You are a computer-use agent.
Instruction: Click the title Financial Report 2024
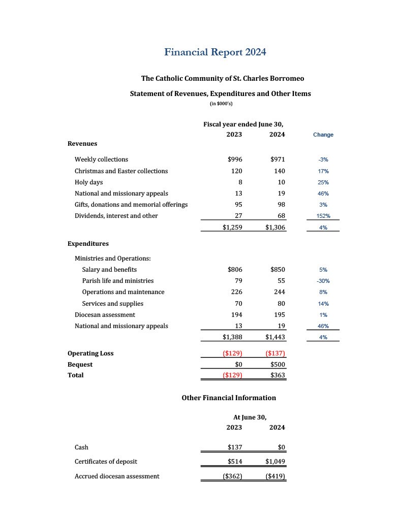(x=215, y=52)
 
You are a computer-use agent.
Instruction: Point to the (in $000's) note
(x=221, y=104)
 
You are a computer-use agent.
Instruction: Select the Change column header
(x=323, y=135)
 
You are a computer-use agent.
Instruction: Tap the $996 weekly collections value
(x=235, y=159)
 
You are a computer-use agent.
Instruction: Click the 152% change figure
(x=323, y=216)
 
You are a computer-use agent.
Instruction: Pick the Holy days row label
(x=89, y=182)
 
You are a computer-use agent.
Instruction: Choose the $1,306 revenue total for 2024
(x=275, y=227)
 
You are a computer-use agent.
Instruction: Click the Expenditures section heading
(x=88, y=244)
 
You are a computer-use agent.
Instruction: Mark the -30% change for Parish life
(x=323, y=281)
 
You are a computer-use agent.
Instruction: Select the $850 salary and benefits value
(x=277, y=270)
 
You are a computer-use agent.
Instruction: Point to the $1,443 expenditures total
(x=275, y=337)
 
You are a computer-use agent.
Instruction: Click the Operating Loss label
(x=90, y=353)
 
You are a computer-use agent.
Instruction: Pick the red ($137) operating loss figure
(x=275, y=353)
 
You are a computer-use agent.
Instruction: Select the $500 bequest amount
(x=277, y=365)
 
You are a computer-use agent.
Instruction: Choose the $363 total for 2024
(x=277, y=375)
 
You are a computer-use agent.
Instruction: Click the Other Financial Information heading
(x=229, y=398)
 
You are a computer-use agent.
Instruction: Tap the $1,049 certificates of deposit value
(x=275, y=462)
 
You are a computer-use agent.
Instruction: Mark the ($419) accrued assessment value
(x=275, y=476)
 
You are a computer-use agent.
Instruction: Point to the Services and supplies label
(x=113, y=304)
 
